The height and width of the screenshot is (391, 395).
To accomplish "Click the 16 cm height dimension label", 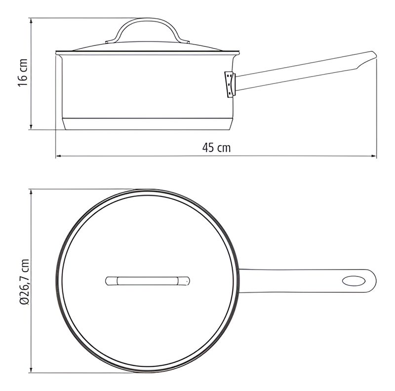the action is (23, 73).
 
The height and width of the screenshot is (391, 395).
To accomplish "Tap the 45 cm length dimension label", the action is (216, 148).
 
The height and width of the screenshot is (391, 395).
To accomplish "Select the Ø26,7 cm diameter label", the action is (24, 282).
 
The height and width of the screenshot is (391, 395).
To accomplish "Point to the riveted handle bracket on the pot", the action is (230, 84).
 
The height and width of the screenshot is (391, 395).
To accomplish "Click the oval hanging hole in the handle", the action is (354, 281).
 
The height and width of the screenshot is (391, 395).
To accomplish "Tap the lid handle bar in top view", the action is (147, 281).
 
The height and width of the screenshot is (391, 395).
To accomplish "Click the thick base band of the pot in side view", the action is (147, 124).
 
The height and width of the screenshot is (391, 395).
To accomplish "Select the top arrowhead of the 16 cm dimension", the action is (31, 21).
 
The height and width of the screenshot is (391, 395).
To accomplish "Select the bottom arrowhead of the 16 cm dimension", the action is (31, 127).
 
